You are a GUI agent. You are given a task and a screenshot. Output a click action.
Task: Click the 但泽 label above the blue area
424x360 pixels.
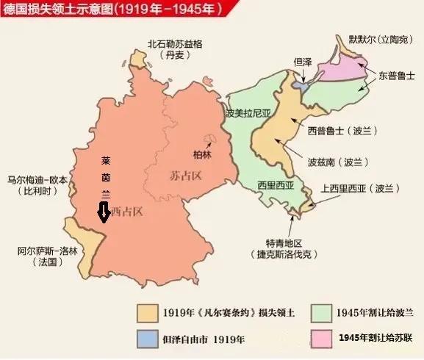[304, 63]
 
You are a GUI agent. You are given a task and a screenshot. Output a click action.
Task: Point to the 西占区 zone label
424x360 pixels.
[126, 212]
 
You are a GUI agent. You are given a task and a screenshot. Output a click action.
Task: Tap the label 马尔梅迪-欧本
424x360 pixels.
[37, 179]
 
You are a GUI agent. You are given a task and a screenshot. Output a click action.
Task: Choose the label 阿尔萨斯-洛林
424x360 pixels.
[37, 251]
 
